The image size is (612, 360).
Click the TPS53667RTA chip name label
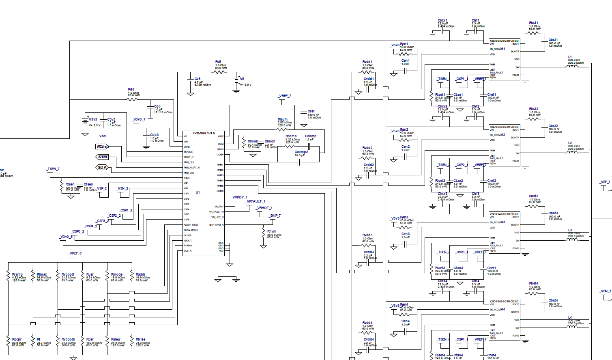(203, 133)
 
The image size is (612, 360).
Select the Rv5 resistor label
(218, 62)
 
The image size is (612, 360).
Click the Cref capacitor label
(311, 111)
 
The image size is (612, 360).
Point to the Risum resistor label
(283, 120)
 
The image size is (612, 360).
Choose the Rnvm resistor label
(272, 231)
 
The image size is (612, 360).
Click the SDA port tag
(102, 167)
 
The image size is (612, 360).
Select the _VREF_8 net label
(75, 253)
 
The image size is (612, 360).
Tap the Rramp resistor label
(17, 274)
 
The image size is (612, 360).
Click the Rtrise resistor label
(140, 339)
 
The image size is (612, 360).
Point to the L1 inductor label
(570, 57)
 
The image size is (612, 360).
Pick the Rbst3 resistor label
(533, 196)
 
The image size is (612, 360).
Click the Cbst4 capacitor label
(553, 301)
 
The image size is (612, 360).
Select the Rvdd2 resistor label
(367, 148)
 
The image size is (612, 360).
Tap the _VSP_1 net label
(605, 182)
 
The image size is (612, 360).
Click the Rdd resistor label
(131, 90)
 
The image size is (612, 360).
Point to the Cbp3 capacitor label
(154, 135)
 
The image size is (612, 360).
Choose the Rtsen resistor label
(70, 184)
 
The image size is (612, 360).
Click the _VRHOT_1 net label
(264, 208)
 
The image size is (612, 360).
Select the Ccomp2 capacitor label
(301, 152)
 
